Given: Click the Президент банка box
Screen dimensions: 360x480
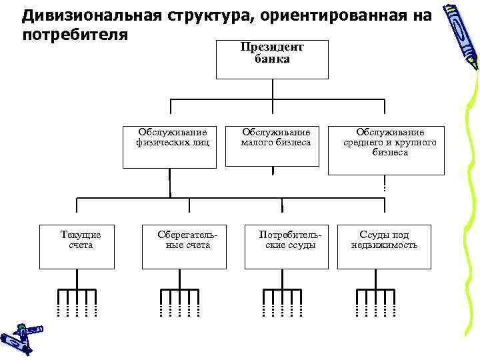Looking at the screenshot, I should coord(272,59).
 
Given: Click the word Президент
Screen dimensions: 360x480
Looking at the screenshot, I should coord(272,47).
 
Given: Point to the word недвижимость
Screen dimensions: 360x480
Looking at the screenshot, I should coord(385,245).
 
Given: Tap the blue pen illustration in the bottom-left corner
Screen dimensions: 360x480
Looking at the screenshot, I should coord(20,337).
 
